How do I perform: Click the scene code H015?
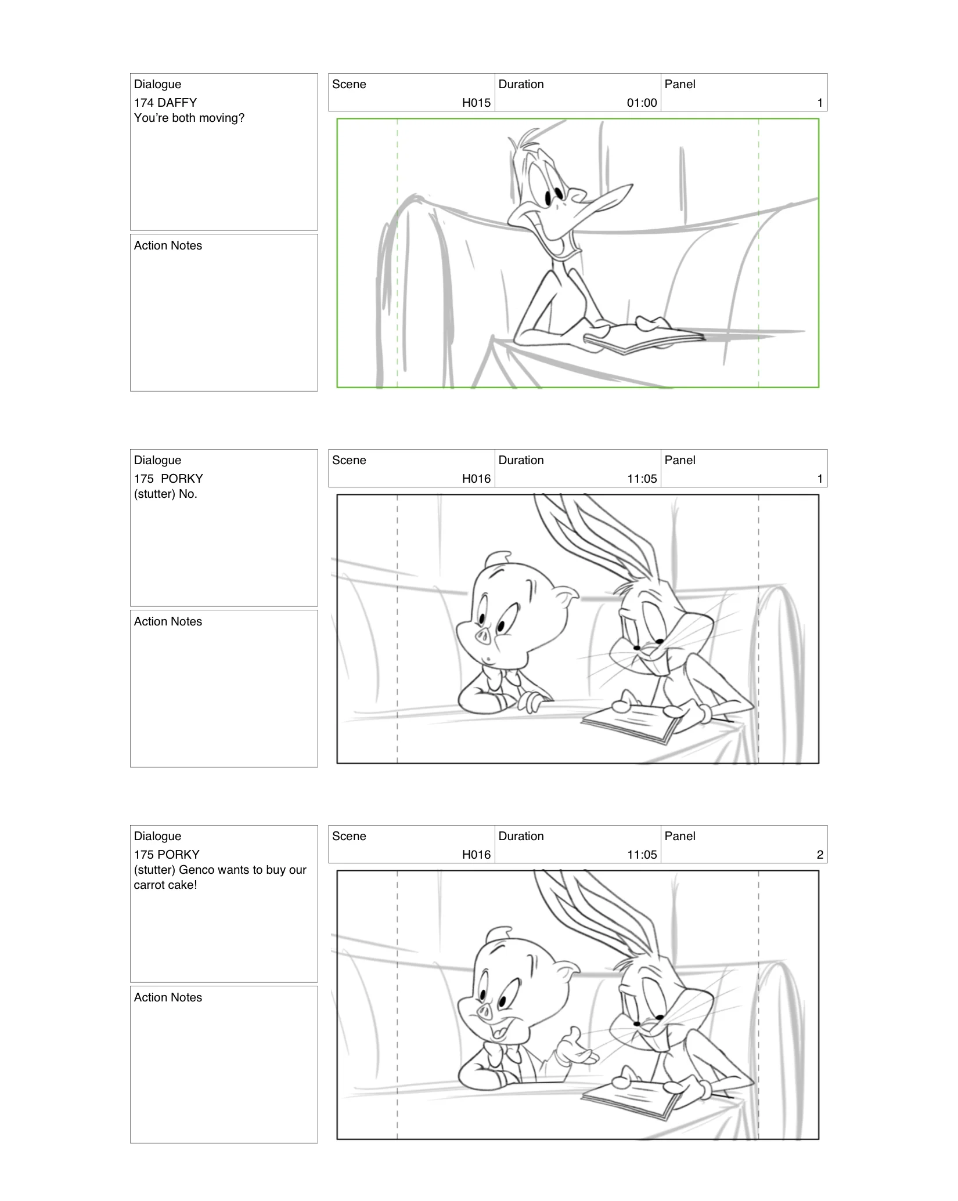[476, 103]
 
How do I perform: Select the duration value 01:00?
[642, 103]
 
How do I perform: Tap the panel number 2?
[820, 855]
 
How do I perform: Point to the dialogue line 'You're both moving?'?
[189, 118]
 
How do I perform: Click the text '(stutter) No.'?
[165, 494]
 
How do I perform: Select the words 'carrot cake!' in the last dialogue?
[165, 885]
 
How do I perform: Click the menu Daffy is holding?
[642, 339]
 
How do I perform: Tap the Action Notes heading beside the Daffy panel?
[168, 245]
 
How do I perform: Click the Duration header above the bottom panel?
[521, 836]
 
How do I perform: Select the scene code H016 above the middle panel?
[476, 479]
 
